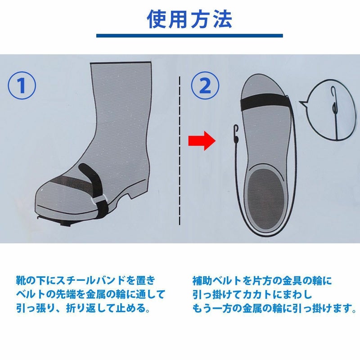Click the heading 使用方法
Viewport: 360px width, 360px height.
click(x=189, y=19)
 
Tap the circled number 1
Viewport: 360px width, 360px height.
click(x=22, y=85)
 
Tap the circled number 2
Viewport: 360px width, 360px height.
click(x=205, y=85)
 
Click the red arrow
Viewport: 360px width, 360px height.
click(x=202, y=140)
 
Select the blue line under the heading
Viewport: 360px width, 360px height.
click(x=189, y=36)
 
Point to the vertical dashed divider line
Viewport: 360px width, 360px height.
click(x=180, y=151)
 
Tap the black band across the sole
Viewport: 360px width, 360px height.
click(x=264, y=103)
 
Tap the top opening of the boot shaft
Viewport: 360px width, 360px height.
click(x=121, y=62)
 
